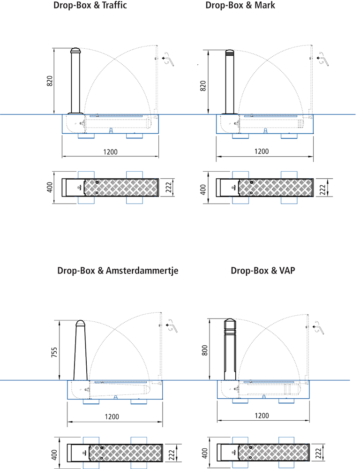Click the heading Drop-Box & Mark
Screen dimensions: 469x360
240,6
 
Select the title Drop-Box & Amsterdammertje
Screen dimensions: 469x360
118,271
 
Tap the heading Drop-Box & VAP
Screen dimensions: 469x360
262,271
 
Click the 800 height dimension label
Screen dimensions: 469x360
204,351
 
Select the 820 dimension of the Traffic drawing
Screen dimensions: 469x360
50,81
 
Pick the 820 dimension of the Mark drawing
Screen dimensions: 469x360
203,85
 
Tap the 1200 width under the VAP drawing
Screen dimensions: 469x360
262,416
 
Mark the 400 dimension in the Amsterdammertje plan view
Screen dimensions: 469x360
54,454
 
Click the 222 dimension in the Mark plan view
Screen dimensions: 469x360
322,189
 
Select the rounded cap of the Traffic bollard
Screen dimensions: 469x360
76,51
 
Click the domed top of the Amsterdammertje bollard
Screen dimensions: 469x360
80,324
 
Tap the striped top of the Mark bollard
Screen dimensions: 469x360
229,52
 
